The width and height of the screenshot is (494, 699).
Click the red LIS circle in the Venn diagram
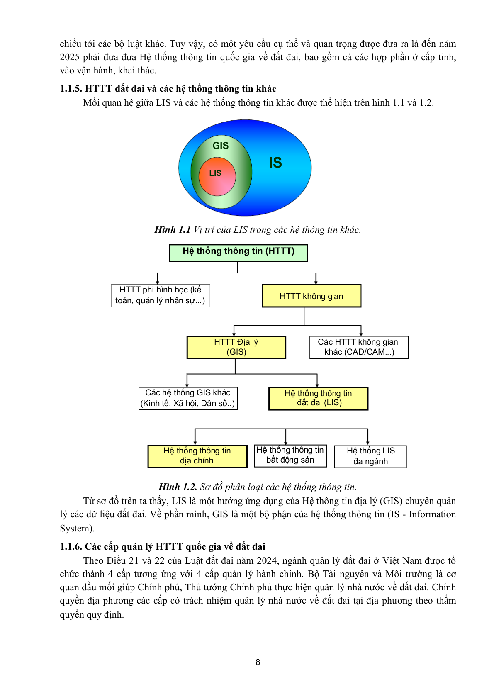coord(217,176)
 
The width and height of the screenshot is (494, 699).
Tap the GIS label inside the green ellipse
coord(220,146)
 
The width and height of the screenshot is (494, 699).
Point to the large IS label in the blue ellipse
coord(275,163)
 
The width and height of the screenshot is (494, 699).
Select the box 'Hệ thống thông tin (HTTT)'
coord(238,253)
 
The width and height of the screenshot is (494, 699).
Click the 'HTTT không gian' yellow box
coord(311,296)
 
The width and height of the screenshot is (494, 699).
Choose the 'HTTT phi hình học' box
coord(160,295)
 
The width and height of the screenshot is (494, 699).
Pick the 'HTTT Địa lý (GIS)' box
coord(236,347)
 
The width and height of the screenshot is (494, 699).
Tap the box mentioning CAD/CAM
coord(359,347)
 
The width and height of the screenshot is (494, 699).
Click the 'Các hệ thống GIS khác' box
coord(188,398)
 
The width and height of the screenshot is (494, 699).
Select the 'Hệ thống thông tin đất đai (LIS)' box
coord(318,398)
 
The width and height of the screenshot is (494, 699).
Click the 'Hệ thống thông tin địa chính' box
coord(197,456)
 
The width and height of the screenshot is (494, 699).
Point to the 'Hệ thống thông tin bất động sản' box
coord(290,455)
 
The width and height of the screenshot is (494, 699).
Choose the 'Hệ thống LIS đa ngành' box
coord(370,456)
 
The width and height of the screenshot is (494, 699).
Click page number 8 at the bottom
coord(258,662)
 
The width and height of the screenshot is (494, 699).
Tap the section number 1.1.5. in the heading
coord(71,89)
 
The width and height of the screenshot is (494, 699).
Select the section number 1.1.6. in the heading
coord(71,547)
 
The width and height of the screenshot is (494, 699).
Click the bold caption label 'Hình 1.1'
coord(172,230)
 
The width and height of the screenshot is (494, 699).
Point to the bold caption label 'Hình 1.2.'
coord(178,487)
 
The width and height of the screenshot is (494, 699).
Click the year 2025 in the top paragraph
coord(69,57)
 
